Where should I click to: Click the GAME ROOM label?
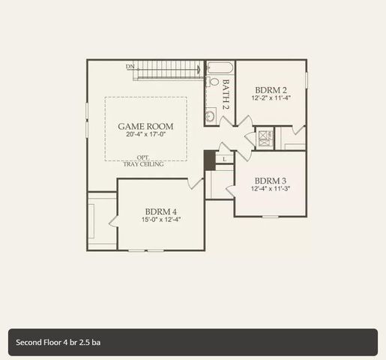145,127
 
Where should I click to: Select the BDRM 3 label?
270,181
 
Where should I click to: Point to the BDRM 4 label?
161,211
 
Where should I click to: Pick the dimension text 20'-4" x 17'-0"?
145,136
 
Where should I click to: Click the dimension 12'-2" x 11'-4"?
271,97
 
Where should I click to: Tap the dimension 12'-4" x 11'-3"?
270,189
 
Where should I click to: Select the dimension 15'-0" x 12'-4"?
161,220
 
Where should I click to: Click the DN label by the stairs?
130,67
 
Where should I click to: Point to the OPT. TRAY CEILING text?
143,160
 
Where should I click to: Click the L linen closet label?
225,159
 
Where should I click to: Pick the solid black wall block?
209,160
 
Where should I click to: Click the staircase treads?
169,70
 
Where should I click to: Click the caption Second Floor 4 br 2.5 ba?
58,342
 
